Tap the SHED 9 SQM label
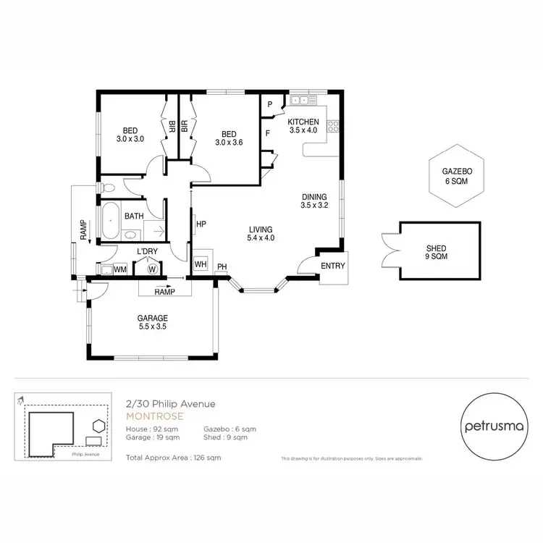tap(436, 253)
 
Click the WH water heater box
tap(201, 264)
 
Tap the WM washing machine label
tap(120, 269)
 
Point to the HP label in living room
tap(201, 224)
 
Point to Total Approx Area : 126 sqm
tap(173, 458)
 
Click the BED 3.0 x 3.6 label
tap(229, 138)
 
